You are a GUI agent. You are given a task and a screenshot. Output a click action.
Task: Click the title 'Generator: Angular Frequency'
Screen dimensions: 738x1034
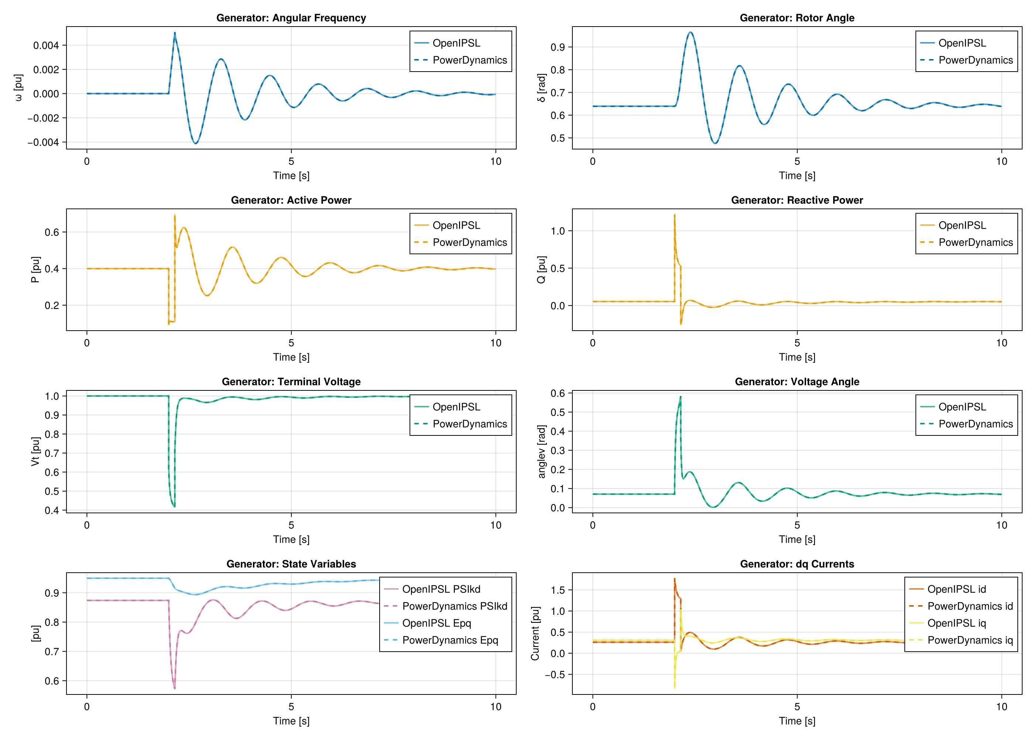[291, 18]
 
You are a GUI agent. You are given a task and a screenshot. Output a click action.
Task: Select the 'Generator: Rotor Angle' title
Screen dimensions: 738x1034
[797, 18]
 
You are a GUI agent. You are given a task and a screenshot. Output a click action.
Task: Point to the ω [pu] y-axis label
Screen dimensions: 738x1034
[18, 88]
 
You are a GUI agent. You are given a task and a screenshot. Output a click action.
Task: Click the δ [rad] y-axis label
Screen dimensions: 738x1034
[541, 88]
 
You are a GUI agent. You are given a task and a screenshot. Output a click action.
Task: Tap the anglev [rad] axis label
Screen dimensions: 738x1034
[541, 452]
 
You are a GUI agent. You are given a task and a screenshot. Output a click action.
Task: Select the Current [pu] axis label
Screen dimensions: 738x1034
[535, 634]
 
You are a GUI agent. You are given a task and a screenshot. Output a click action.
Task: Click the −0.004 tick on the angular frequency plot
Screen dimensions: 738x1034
[43, 142]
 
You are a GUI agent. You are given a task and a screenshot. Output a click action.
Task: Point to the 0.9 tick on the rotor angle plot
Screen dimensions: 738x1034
[558, 47]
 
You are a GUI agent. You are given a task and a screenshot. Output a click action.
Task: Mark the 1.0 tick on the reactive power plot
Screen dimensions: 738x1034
[558, 231]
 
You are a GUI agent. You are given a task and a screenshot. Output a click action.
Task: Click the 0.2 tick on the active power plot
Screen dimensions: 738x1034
[52, 306]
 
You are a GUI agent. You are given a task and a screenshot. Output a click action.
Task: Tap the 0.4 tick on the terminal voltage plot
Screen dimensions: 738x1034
[52, 510]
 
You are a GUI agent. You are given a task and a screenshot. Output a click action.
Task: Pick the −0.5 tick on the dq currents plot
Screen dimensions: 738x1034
[555, 675]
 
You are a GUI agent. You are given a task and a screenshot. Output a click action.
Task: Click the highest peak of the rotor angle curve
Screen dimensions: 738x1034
[690, 32]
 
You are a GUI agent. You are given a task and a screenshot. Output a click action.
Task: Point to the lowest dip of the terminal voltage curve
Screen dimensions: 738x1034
[174, 506]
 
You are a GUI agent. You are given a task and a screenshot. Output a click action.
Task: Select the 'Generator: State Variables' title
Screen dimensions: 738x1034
[291, 564]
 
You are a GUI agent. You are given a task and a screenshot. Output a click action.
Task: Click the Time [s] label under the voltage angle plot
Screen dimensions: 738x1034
[797, 539]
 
